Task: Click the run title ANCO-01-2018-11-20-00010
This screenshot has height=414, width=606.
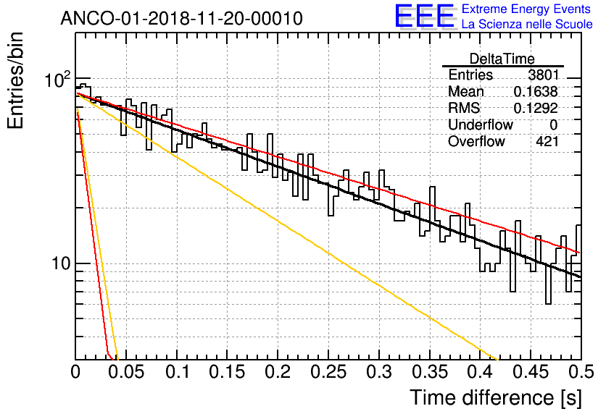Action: point(181,19)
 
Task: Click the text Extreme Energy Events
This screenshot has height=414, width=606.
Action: point(526,9)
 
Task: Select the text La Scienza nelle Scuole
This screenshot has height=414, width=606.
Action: point(527,25)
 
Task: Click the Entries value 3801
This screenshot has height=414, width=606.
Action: point(543,75)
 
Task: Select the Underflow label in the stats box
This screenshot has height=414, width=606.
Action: point(480,125)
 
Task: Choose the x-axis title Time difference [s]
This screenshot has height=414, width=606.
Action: point(494,397)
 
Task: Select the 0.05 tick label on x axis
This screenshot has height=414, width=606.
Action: point(126,373)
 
